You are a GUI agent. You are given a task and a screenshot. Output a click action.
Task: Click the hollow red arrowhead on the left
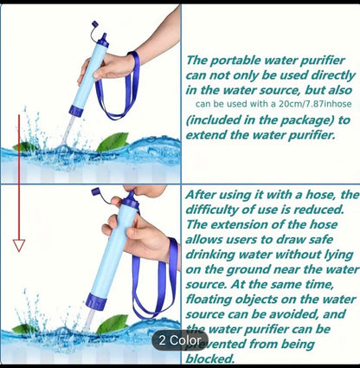19,246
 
